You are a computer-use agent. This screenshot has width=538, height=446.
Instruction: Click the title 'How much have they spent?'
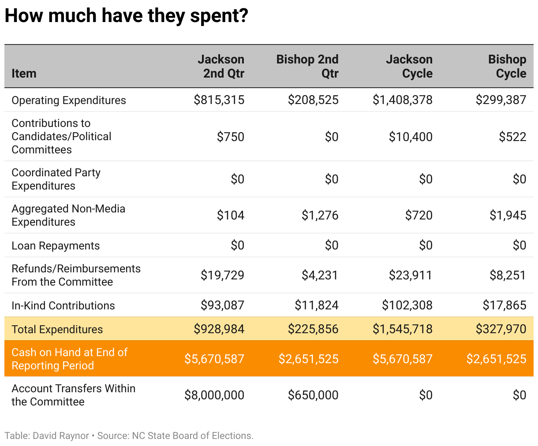tap(127, 16)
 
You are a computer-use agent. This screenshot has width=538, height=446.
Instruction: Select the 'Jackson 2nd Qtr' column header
tap(221, 66)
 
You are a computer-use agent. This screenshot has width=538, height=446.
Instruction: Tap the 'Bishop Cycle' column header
tap(507, 66)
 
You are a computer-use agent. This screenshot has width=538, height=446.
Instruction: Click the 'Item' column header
tap(24, 73)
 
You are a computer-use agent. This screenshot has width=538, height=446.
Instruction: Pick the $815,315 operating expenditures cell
tap(219, 100)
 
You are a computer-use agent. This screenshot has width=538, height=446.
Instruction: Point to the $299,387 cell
tap(501, 100)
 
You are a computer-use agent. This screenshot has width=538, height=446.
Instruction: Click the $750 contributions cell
tap(231, 137)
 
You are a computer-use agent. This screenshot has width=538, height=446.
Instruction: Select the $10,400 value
tap(411, 137)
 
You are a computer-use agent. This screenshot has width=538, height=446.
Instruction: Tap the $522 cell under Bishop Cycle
tap(512, 137)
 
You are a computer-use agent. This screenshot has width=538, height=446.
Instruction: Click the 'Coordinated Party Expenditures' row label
tap(56, 179)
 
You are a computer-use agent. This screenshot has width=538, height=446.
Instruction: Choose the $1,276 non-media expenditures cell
tap(320, 215)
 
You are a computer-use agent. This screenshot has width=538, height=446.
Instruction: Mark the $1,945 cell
tap(508, 215)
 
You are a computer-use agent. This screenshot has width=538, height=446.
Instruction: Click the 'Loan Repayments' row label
tap(56, 245)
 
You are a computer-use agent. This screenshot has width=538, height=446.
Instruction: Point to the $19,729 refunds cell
tap(222, 275)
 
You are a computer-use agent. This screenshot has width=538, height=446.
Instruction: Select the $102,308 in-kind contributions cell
tap(407, 305)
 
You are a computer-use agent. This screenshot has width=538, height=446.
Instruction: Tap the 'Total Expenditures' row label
tap(57, 329)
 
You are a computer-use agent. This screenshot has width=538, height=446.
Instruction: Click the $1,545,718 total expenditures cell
tap(403, 329)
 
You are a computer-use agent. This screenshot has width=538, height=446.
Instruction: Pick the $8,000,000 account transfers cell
tap(214, 395)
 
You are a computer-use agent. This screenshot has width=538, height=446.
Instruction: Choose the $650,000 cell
tap(313, 395)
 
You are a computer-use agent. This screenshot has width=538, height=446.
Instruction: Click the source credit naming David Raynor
tap(129, 436)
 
